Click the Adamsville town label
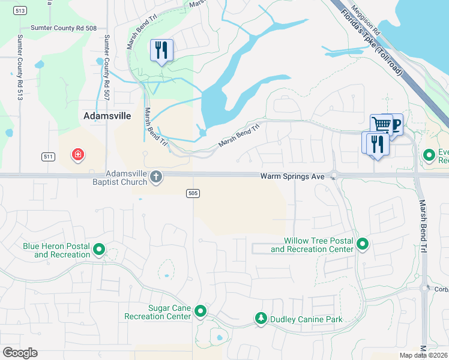pyautogui.click(x=107, y=116)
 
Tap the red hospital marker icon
pyautogui.click(x=77, y=155)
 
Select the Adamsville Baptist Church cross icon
pyautogui.click(x=156, y=176)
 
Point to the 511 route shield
pyautogui.click(x=49, y=157)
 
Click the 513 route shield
pyautogui.click(x=20, y=10)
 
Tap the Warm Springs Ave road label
pyautogui.click(x=292, y=176)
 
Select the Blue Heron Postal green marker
pyautogui.click(x=100, y=249)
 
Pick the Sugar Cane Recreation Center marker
pyautogui.click(x=201, y=311)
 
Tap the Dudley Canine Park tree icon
pyautogui.click(x=261, y=318)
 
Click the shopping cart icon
pyautogui.click(x=381, y=125)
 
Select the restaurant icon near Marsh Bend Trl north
pyautogui.click(x=161, y=50)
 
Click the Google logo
pyautogui.click(x=20, y=353)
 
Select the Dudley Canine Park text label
pyautogui.click(x=306, y=319)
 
